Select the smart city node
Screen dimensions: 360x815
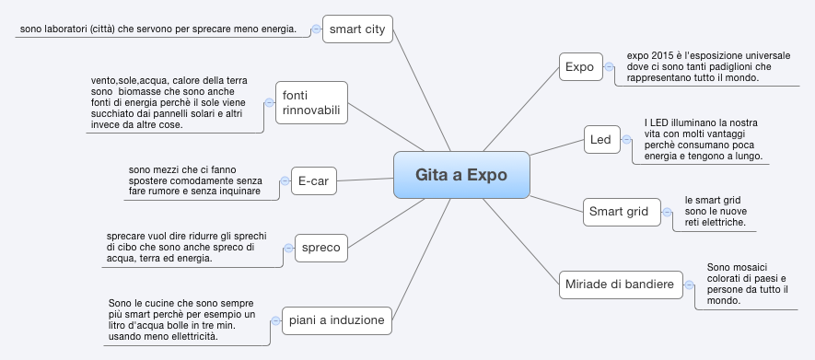click(x=357, y=29)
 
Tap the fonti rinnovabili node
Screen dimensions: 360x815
click(x=311, y=103)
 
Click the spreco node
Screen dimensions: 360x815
click(x=320, y=247)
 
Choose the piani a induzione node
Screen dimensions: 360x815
click(x=336, y=319)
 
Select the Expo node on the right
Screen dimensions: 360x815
click(x=579, y=66)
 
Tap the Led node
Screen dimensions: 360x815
click(x=600, y=140)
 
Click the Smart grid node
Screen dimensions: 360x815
click(x=619, y=213)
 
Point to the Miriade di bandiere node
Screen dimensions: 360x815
click(x=618, y=285)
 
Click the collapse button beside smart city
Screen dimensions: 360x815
click(x=315, y=29)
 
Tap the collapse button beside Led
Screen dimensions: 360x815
click(x=626, y=140)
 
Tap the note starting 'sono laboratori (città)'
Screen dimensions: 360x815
click(x=157, y=29)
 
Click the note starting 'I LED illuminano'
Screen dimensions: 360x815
click(x=702, y=140)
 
